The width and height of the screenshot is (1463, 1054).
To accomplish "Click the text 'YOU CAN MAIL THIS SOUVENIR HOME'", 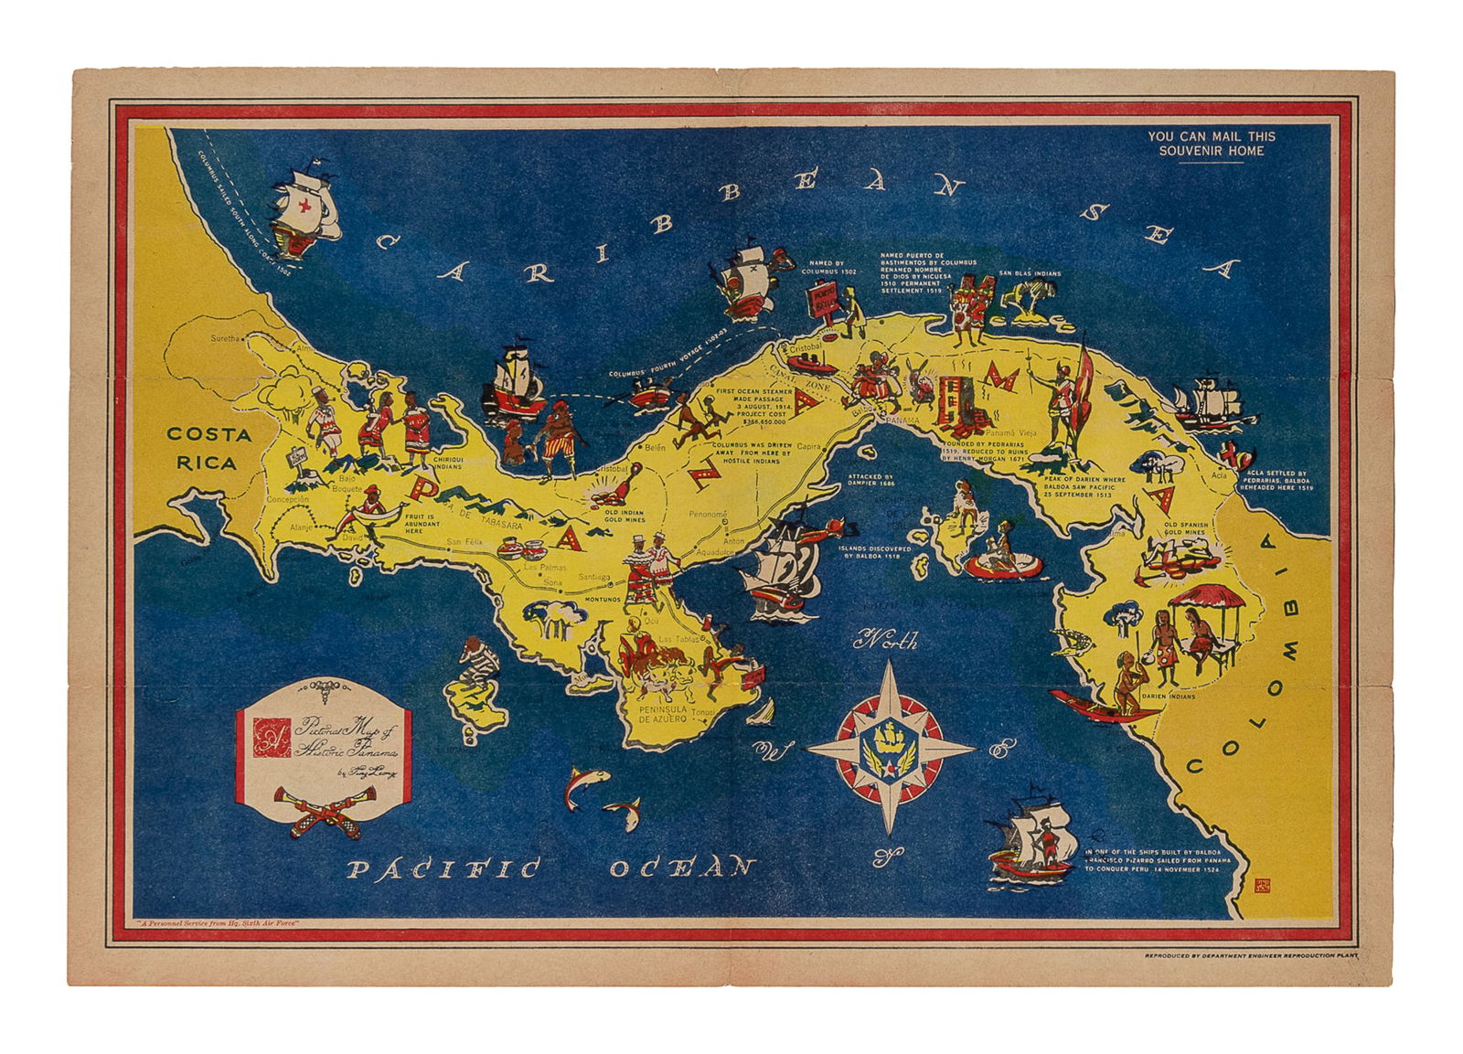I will [x=1211, y=144].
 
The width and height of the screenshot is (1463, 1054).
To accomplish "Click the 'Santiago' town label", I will [x=593, y=575].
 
